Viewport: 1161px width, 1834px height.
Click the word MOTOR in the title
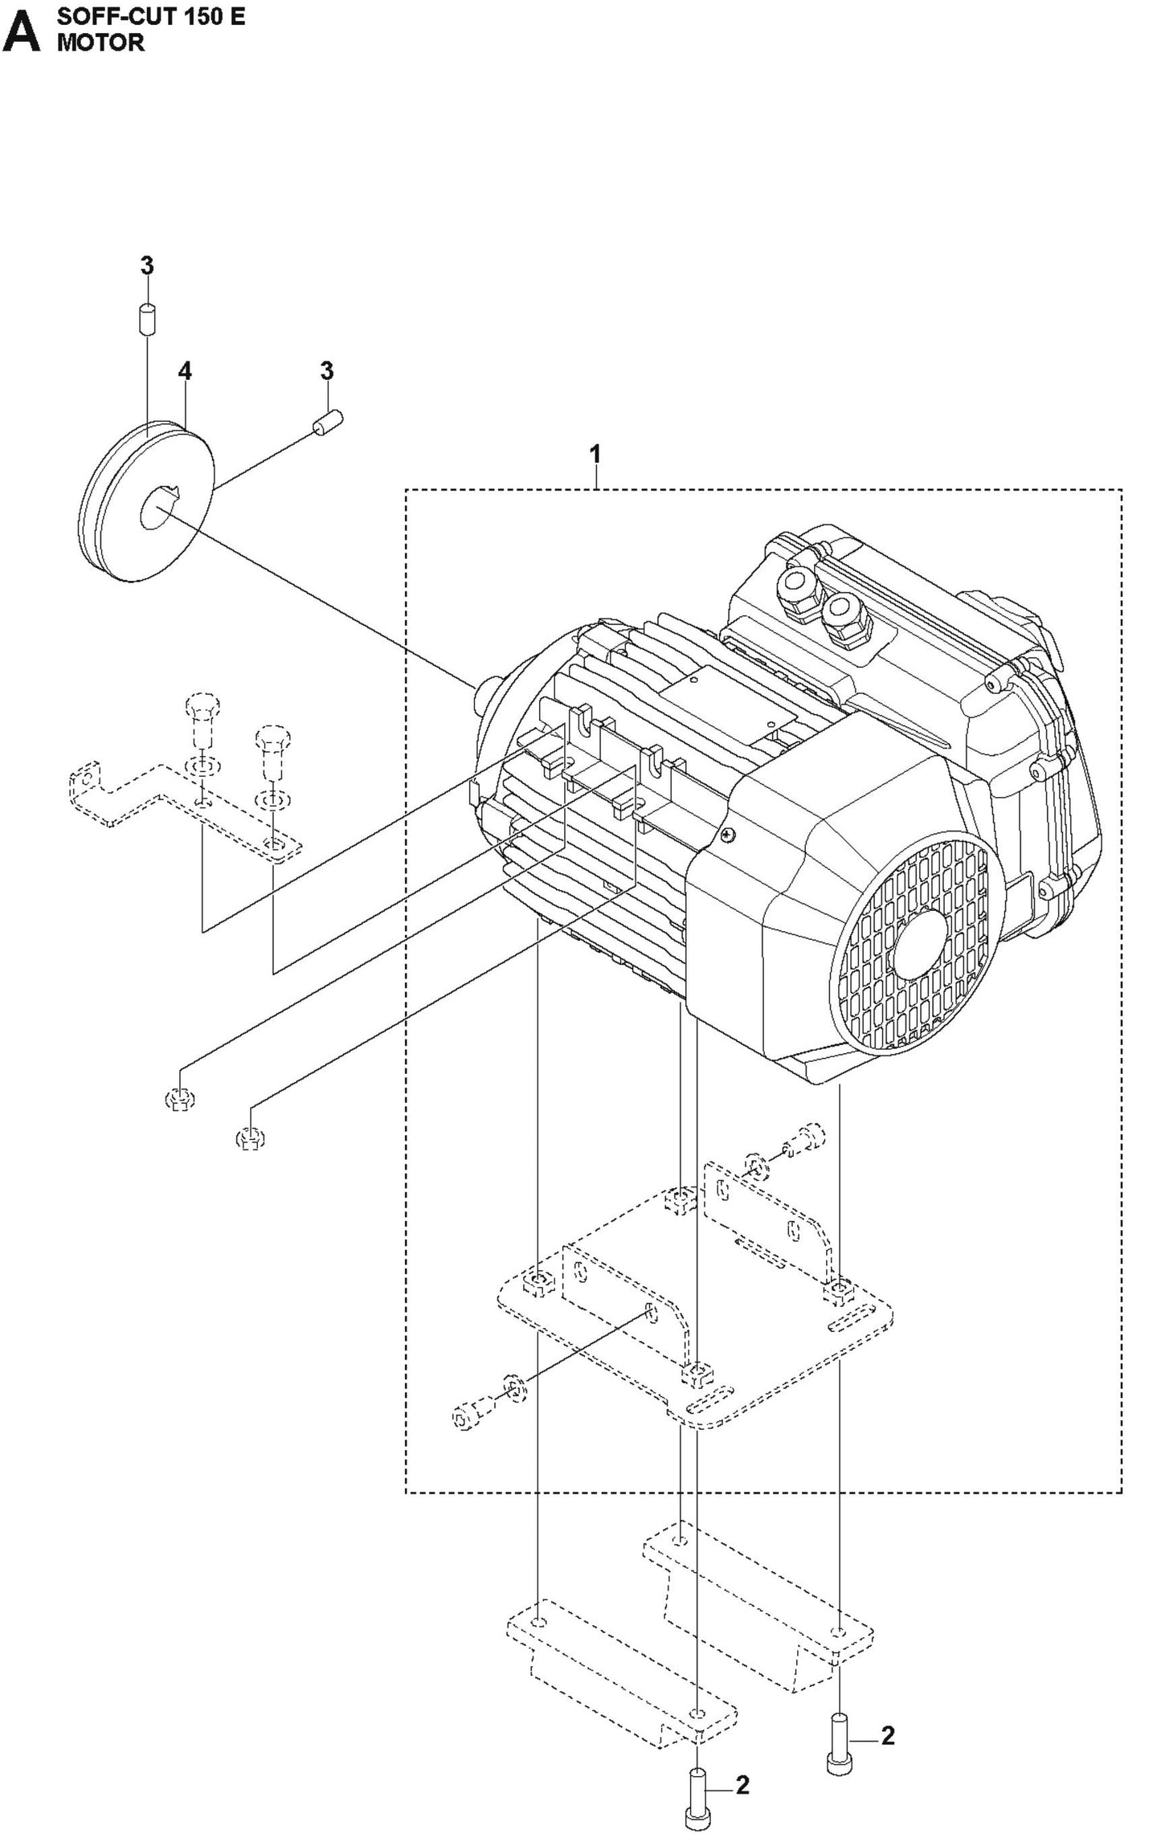click(100, 43)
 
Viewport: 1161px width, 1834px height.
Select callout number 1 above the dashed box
click(595, 455)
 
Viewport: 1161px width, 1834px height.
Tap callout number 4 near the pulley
click(186, 371)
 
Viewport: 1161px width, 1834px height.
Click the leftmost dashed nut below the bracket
click(181, 1098)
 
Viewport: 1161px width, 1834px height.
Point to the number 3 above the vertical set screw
click(147, 266)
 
